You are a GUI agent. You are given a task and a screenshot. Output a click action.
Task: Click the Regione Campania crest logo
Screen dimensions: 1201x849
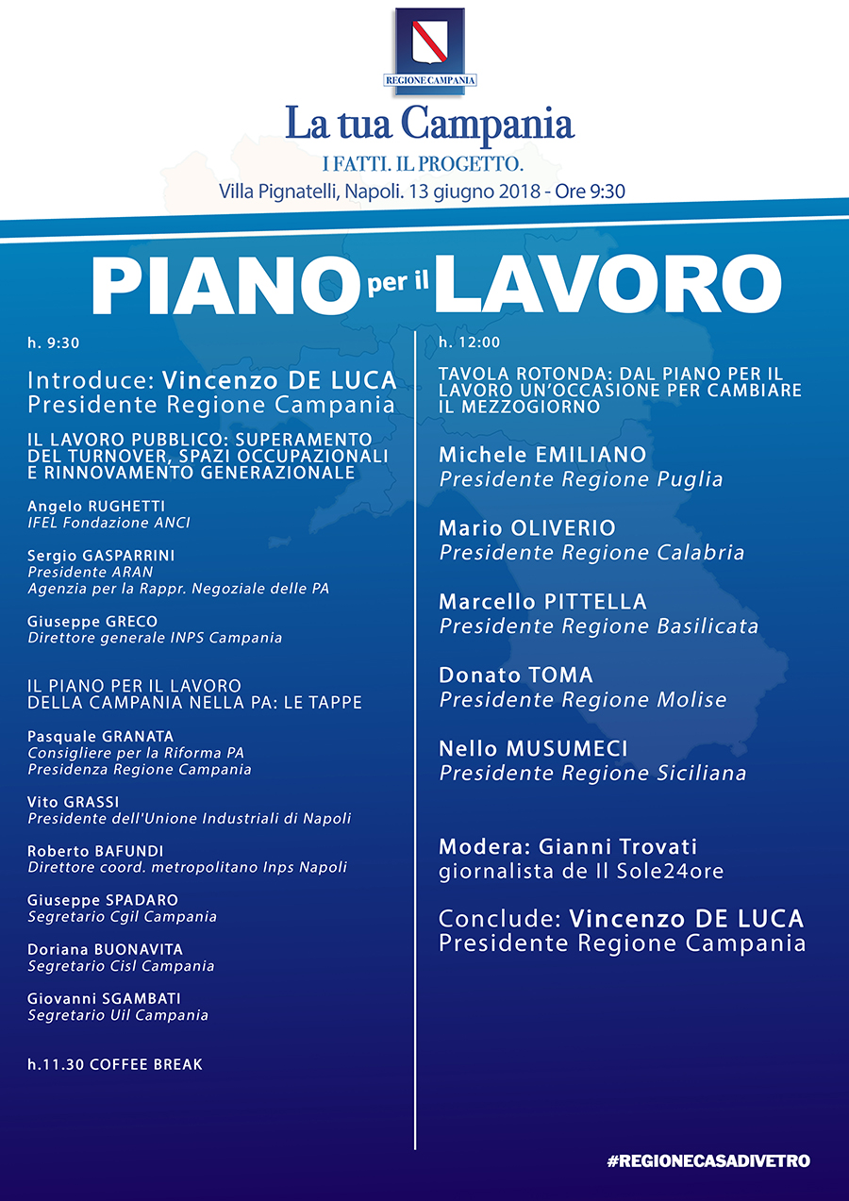pos(429,47)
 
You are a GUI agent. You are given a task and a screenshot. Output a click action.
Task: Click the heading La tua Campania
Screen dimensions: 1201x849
pos(430,124)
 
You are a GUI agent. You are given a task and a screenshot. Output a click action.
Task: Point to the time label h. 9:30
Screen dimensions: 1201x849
pos(47,342)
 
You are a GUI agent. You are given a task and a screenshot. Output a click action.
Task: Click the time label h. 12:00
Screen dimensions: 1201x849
pos(469,342)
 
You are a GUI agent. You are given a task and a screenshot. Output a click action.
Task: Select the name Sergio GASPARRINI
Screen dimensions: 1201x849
pos(101,556)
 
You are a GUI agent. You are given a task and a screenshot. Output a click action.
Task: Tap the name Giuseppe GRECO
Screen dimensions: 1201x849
pos(92,622)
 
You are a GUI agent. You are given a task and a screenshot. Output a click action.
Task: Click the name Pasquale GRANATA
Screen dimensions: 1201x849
pos(101,736)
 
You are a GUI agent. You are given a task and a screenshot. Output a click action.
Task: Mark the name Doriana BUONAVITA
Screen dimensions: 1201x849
pos(105,949)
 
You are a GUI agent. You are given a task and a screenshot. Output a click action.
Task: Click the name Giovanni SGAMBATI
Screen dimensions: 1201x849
pos(104,998)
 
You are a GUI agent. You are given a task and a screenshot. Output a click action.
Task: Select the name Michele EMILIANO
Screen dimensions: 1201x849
pos(542,455)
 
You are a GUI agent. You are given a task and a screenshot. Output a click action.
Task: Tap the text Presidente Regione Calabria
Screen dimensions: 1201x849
pos(591,553)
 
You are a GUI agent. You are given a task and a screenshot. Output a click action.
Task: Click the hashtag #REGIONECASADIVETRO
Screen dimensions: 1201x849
pos(708,1161)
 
